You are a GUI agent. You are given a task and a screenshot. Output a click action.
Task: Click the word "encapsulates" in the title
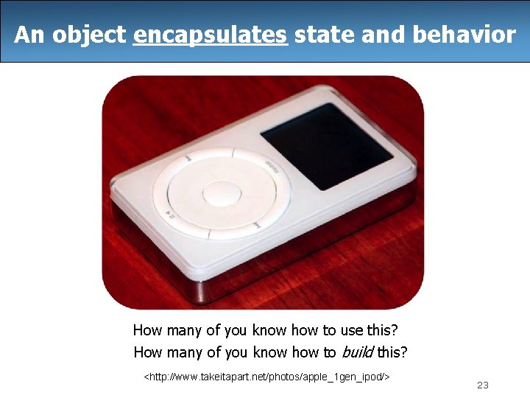[210, 34]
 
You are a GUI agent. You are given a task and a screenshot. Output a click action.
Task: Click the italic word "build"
[357, 352]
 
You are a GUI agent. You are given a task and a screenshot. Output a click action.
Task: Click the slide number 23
[483, 385]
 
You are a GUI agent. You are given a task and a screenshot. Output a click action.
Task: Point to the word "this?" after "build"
[392, 352]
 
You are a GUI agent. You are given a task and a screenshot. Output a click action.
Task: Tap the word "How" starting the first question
[147, 331]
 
